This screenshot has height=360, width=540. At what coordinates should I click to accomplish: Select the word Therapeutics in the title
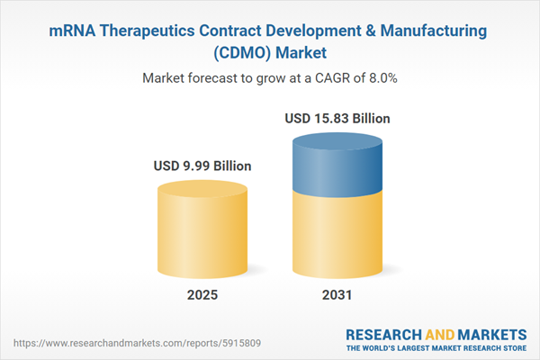point(149,31)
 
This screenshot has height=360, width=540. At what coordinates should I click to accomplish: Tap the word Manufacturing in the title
point(436,31)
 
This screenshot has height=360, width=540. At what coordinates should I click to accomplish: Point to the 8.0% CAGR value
point(381,78)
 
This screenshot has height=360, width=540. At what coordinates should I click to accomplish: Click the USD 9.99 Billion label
point(202,166)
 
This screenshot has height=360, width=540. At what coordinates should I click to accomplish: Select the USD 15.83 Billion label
point(337,118)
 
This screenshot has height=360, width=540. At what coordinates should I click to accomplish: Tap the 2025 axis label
point(202,295)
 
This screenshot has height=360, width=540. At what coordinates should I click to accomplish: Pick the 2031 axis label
point(337,295)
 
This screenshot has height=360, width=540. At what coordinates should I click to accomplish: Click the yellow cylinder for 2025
point(202,229)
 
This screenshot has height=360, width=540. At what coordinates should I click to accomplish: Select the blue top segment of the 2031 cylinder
point(337,166)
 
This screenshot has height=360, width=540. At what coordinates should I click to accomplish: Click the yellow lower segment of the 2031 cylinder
point(337,238)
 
